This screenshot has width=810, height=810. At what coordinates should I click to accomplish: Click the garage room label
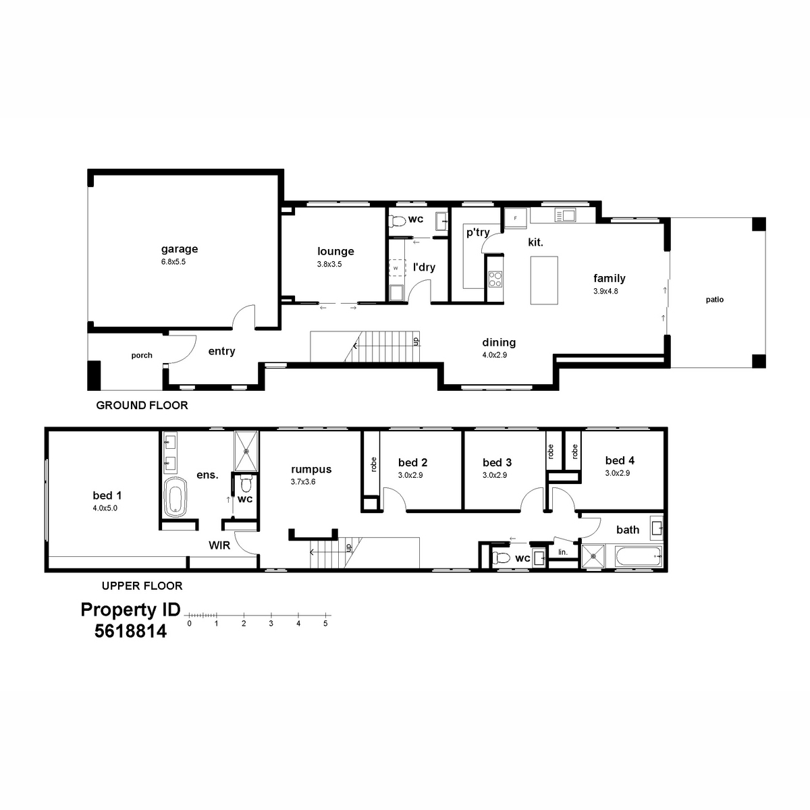pos(180,249)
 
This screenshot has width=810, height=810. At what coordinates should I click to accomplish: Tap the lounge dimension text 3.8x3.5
pos(329,265)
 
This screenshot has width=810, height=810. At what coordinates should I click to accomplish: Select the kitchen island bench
pos(544,280)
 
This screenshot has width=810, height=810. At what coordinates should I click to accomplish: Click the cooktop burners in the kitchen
pos(495,279)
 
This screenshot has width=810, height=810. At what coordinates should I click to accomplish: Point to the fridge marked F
pos(515,218)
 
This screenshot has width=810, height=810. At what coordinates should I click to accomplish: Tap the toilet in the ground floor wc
pos(397,220)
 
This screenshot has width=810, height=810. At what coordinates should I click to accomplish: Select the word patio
pos(715,300)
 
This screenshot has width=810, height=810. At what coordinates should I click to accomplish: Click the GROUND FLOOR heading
pos(142,405)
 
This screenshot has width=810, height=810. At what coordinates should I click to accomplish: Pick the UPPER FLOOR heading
pos(142,585)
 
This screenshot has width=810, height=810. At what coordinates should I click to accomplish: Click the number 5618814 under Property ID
pos(130,631)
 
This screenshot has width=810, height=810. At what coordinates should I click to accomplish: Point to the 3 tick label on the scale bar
pos(271,624)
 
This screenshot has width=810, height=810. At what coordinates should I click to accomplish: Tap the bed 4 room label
pos(620,460)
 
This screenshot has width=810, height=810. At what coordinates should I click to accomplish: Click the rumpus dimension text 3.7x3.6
pos(302,482)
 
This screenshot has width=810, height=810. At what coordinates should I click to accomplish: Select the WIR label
pos(219,545)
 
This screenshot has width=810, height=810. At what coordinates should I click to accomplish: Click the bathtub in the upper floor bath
pos(639,557)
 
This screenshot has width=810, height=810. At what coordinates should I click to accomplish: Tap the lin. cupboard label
pos(563,552)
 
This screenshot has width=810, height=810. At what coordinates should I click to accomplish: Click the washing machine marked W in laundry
pos(396,268)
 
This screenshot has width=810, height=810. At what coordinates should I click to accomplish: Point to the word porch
pos(142,356)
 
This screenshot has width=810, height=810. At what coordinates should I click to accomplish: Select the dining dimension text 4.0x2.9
pos(494,355)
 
